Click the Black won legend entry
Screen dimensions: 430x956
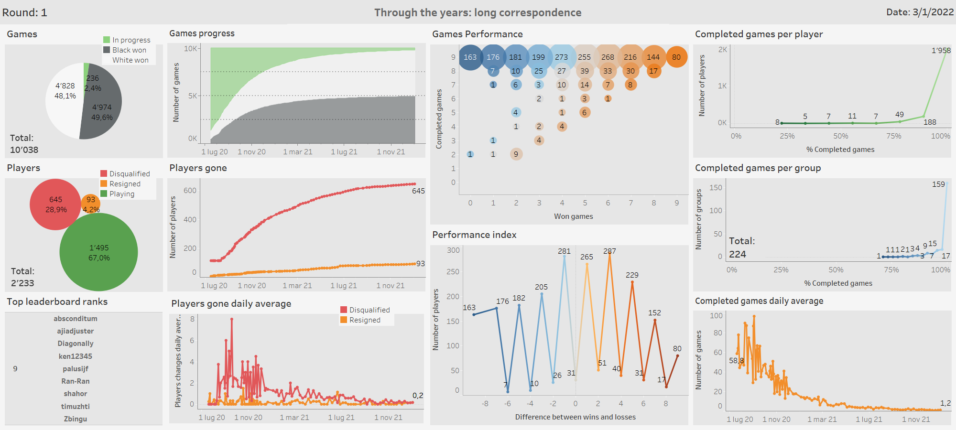(129, 50)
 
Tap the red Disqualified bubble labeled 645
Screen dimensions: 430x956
(55, 204)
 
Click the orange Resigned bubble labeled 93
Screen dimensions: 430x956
(91, 203)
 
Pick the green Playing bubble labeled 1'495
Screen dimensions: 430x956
(98, 252)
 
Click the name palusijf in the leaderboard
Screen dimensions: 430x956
(76, 369)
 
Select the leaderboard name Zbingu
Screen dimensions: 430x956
(76, 419)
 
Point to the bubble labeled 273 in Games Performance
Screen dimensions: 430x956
(561, 57)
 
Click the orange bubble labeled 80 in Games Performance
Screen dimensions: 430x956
(676, 57)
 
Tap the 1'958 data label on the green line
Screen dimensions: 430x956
(941, 51)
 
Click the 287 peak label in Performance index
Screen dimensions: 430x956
(609, 251)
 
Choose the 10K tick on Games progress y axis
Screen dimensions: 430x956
(191, 49)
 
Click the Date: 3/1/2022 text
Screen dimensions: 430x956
(920, 12)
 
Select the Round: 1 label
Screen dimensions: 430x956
(25, 12)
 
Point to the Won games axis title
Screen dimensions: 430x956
(573, 216)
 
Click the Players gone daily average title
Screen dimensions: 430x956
(231, 304)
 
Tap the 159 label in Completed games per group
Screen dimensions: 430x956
(938, 184)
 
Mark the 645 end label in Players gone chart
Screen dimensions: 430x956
(418, 191)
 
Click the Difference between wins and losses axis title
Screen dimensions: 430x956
(575, 417)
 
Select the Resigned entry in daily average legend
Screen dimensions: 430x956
(365, 320)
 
